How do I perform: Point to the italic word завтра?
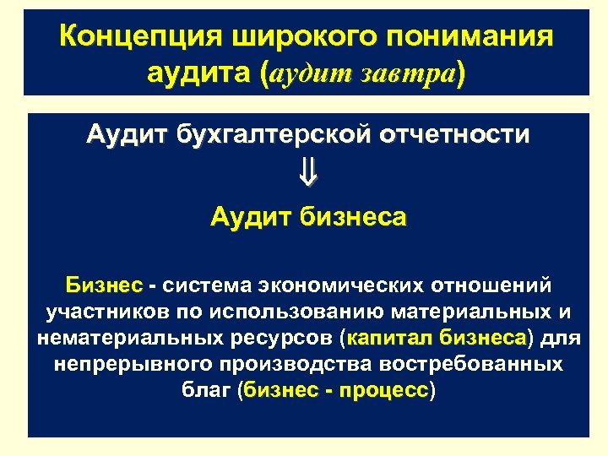404,74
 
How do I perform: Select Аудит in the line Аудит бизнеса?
252,217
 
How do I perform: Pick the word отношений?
494,282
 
